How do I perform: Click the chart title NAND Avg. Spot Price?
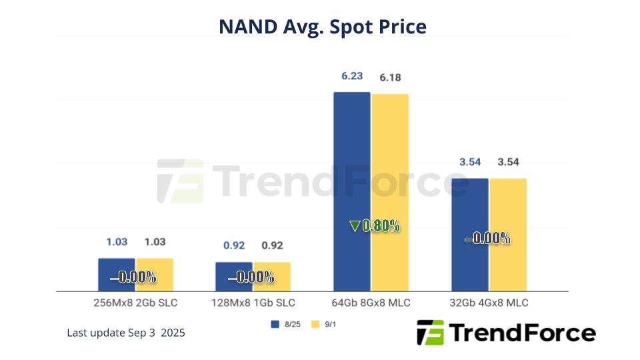(x=322, y=27)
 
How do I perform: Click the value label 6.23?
(x=352, y=77)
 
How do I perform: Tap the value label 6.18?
(x=390, y=78)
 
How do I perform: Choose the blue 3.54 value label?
(x=469, y=163)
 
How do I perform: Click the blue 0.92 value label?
(x=234, y=245)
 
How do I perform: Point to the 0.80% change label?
(x=381, y=227)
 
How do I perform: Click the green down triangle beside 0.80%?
(x=354, y=227)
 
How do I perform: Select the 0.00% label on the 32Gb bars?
(x=487, y=238)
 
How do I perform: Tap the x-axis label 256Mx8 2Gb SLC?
(x=136, y=303)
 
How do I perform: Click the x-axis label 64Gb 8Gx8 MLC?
(x=371, y=303)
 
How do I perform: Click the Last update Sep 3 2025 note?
(x=126, y=332)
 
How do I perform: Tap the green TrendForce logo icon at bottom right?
(x=430, y=332)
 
